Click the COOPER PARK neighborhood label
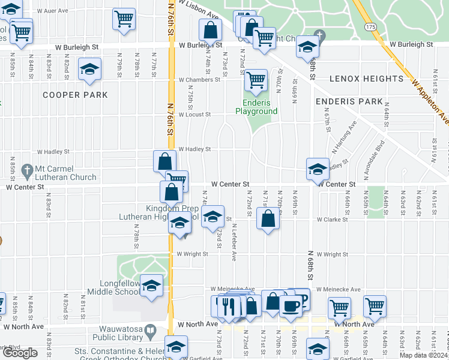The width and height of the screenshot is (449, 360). coord(75,95)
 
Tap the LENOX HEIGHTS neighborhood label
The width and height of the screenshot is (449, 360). coord(366,79)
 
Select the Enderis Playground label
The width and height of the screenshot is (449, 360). coord(256,107)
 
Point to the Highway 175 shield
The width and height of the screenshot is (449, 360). coord(370,28)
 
